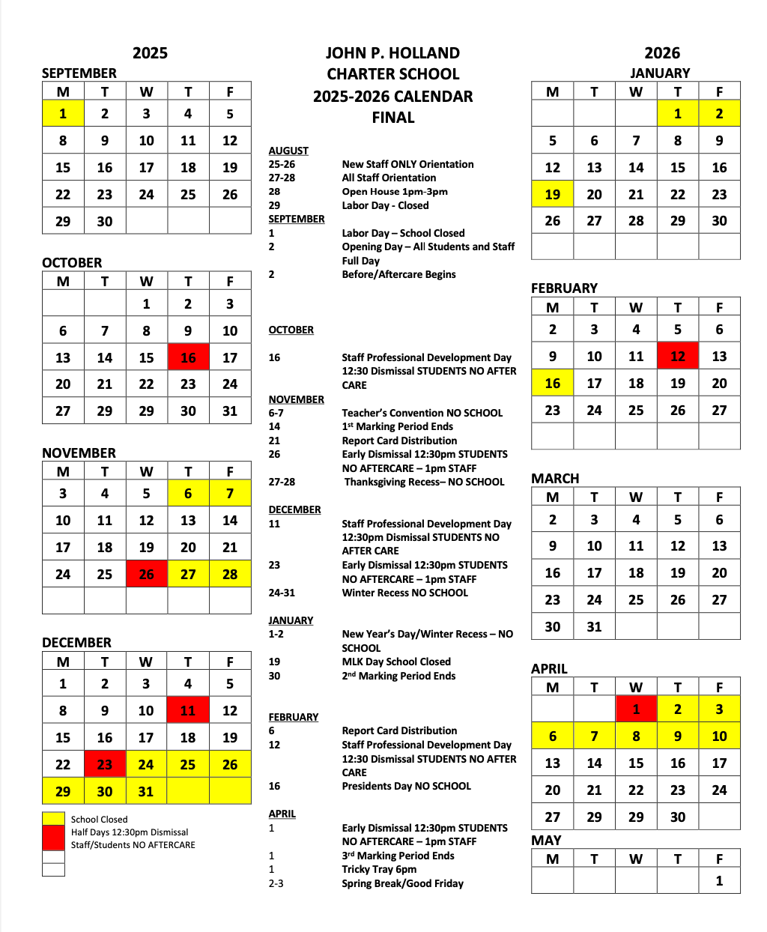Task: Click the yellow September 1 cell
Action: click(x=63, y=114)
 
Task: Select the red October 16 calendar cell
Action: click(x=188, y=357)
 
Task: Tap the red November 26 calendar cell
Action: click(x=146, y=575)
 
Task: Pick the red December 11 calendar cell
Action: click(x=188, y=710)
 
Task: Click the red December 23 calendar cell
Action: click(x=105, y=764)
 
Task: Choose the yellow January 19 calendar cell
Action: click(x=553, y=194)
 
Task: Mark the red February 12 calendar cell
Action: click(x=678, y=357)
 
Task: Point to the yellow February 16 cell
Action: click(x=553, y=384)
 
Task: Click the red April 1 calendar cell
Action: click(x=636, y=709)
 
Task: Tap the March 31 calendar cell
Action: click(x=594, y=626)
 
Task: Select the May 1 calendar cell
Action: click(x=719, y=880)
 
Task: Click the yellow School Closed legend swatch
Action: click(x=53, y=819)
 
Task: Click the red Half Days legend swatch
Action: click(x=53, y=838)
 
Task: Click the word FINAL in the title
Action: click(x=393, y=118)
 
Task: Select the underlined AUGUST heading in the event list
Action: click(x=288, y=151)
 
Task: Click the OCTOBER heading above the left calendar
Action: click(x=72, y=263)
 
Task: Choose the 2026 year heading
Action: click(x=662, y=53)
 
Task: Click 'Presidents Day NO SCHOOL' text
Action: click(x=407, y=786)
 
